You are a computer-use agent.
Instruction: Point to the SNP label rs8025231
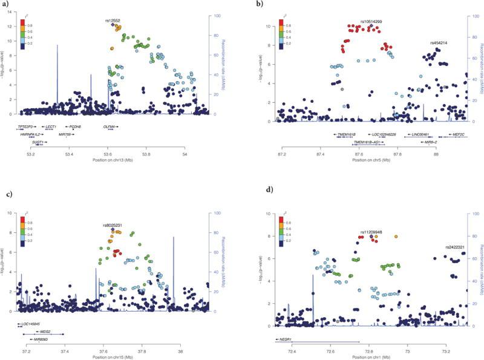(113, 225)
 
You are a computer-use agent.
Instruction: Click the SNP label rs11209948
(372, 232)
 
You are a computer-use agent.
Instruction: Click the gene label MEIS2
(45, 332)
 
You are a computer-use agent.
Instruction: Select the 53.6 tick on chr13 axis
(109, 153)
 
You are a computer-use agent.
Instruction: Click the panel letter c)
(8, 195)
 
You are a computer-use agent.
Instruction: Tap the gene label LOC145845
(34, 325)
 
